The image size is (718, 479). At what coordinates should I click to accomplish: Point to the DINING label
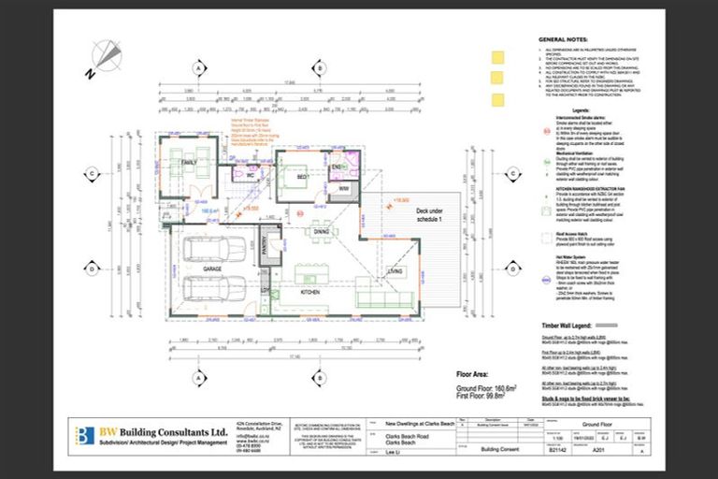tap(321, 231)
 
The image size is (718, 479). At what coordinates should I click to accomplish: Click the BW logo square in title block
tap(85, 435)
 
